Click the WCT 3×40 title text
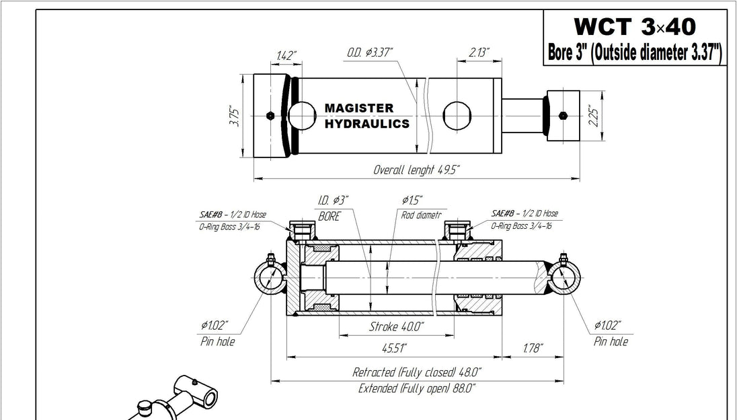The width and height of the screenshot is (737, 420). [634, 28]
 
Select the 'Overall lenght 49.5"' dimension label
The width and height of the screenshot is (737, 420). [416, 170]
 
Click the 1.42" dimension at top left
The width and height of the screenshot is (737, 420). [286, 55]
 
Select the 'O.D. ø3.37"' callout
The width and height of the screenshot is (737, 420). [370, 53]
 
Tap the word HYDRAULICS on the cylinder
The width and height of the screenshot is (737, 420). [366, 125]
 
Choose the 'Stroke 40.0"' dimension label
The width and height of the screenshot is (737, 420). [397, 326]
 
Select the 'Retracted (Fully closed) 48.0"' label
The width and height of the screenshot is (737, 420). [417, 372]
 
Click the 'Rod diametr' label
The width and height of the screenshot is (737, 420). [420, 216]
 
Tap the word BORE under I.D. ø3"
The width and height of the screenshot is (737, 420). [329, 217]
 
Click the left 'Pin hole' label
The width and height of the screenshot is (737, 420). [217, 341]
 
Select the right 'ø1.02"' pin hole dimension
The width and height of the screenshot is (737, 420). [607, 326]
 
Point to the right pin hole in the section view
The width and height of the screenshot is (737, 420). [564, 278]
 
